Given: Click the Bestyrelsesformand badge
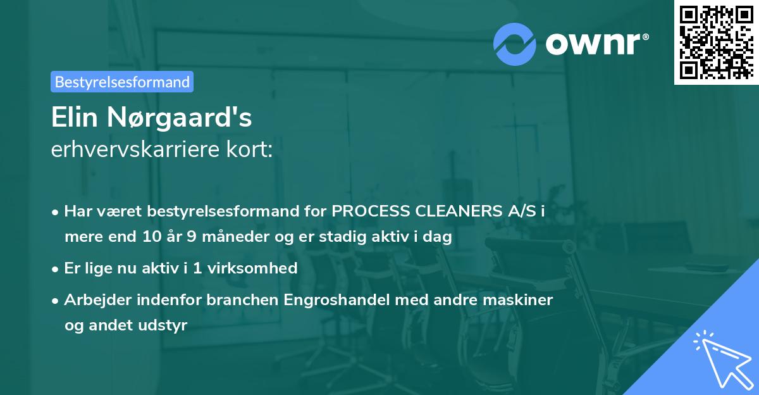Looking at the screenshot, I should click(122, 82).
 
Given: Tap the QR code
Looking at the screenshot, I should click(716, 42).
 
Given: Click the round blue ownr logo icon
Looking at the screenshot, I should click(514, 44).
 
